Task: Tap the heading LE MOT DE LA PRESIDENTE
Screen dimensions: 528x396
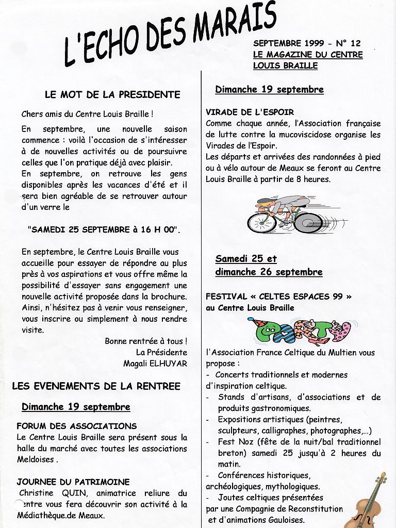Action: [x=112, y=95]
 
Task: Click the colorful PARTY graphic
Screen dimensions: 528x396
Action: [x=299, y=331]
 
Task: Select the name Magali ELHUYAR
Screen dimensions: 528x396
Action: [x=155, y=364]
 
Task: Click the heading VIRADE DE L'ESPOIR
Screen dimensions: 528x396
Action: [x=250, y=112]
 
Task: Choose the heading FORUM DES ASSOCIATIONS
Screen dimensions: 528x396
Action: [x=76, y=426]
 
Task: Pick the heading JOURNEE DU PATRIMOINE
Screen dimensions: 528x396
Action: [x=73, y=482]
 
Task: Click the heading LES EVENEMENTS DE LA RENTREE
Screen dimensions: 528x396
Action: [x=96, y=386]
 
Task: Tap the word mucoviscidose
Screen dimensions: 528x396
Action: [x=318, y=135]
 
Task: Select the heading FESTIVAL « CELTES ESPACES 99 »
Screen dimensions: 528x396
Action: [x=278, y=296]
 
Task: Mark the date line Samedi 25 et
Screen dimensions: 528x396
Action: [x=246, y=259]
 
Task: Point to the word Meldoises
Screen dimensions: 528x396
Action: [x=36, y=459]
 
